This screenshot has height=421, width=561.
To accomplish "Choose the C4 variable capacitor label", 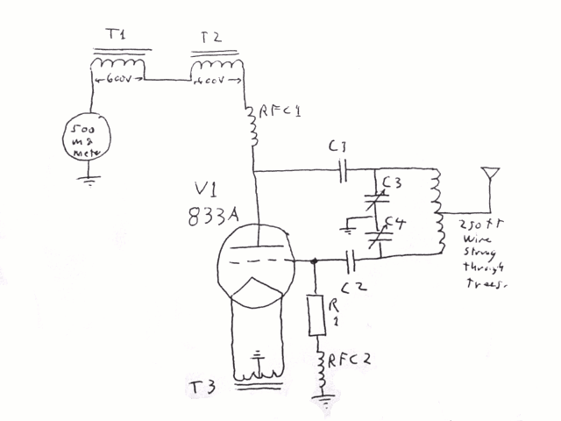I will pyautogui.click(x=395, y=224).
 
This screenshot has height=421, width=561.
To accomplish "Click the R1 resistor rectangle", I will pyautogui.click(x=316, y=316).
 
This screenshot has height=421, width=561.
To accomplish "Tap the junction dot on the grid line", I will pyautogui.click(x=314, y=260).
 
